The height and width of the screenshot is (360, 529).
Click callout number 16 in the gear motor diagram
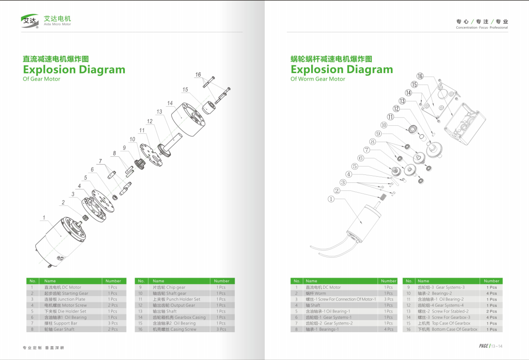(x=198, y=74)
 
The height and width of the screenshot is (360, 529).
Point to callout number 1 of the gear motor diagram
(x=44, y=217)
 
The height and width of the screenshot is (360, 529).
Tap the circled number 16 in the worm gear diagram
(x=420, y=76)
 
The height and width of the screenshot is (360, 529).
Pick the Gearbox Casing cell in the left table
(x=179, y=317)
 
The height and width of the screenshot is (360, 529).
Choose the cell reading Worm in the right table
(x=316, y=293)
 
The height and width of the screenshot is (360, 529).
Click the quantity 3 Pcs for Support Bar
(x=113, y=323)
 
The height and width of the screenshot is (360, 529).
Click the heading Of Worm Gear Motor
(x=317, y=79)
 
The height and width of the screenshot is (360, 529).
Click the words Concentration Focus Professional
(x=482, y=27)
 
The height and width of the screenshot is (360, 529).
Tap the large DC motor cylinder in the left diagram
(x=60, y=241)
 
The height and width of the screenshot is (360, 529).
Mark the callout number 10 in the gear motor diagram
(x=132, y=139)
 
